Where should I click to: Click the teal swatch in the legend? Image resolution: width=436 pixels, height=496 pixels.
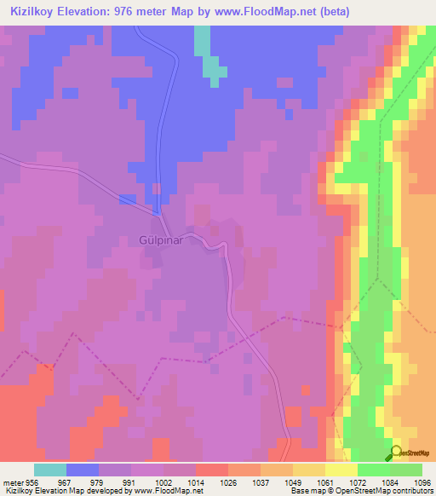50,470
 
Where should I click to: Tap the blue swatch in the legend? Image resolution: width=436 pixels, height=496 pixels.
83,470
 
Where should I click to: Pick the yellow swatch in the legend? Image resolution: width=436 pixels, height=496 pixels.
341,470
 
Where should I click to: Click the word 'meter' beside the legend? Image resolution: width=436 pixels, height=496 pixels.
13,482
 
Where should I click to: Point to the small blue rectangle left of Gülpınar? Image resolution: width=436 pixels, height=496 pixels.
127,199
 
